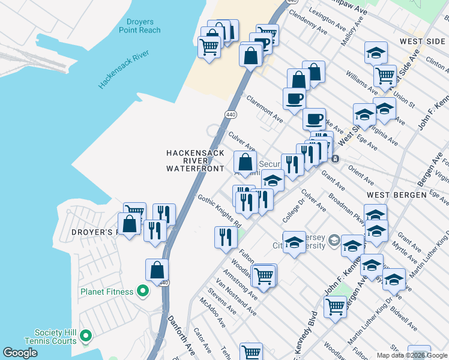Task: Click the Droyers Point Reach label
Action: [x=139, y=25]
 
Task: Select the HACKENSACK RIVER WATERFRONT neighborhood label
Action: [x=195, y=161]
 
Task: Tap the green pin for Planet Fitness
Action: [x=143, y=292]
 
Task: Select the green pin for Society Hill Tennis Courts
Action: [x=85, y=337]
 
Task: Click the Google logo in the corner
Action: [x=20, y=353]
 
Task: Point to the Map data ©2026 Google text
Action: [x=412, y=355]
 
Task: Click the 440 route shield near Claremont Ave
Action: [x=230, y=113]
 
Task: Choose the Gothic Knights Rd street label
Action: [x=220, y=212]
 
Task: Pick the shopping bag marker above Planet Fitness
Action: [x=157, y=269]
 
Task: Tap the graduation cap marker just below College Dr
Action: [x=294, y=242]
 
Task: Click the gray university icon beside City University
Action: [x=334, y=242]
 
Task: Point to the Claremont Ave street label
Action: [x=264, y=107]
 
